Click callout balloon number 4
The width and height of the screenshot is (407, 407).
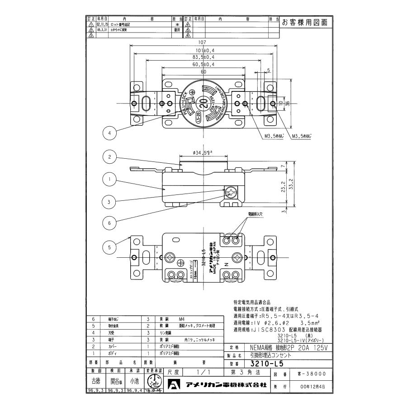pos(109,134)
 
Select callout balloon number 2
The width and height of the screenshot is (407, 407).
pos(109,157)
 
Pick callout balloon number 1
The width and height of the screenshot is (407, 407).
pos(109,179)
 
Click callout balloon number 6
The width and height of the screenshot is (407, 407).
pos(109,222)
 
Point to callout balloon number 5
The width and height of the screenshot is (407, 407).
pos(109,247)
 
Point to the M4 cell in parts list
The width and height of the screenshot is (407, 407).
pos(182,319)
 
